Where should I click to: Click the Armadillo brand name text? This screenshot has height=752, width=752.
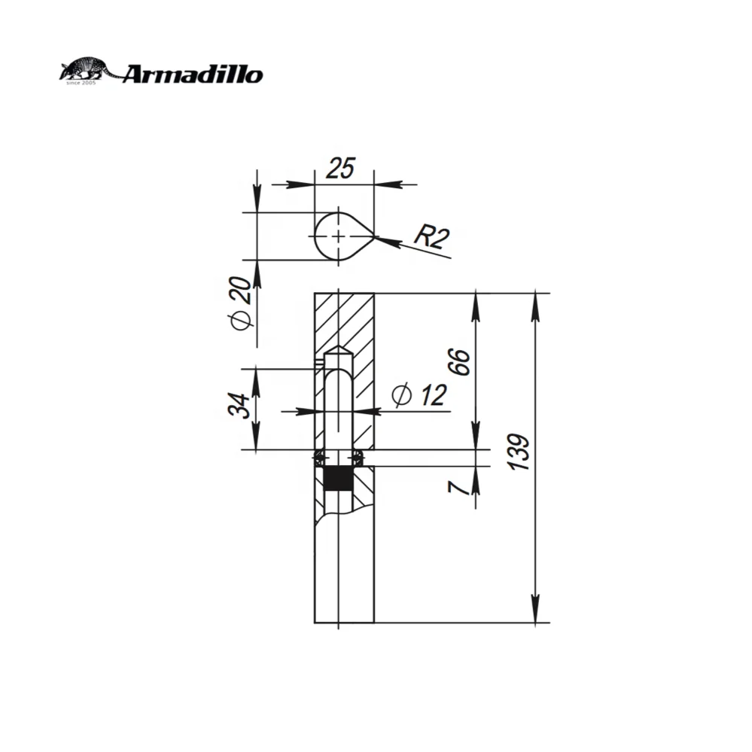coord(192,74)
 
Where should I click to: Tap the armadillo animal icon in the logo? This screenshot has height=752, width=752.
coord(87,70)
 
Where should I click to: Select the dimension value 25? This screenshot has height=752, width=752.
coord(340,169)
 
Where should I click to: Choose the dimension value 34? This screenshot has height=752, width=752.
coord(239,407)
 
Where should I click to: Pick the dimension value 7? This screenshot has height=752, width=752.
coord(457,486)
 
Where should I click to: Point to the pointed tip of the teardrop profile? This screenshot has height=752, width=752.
coord(373,239)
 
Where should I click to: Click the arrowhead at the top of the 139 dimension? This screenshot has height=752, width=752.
coord(535,301)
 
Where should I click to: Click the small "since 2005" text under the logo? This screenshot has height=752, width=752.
coord(78,82)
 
